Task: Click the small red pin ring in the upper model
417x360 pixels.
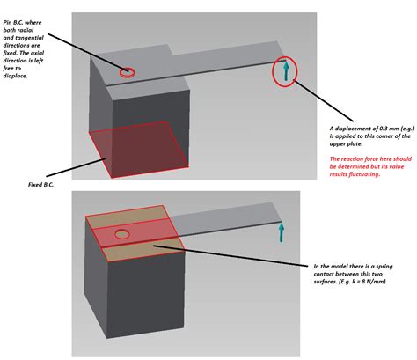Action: coord(128,71)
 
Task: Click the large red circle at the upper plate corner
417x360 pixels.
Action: coord(285,72)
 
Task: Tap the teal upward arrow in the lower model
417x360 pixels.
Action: coord(282,231)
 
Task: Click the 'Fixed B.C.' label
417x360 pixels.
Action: coord(44,186)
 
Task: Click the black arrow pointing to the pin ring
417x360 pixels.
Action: coord(83,49)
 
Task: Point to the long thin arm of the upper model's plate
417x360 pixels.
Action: coord(229,66)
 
